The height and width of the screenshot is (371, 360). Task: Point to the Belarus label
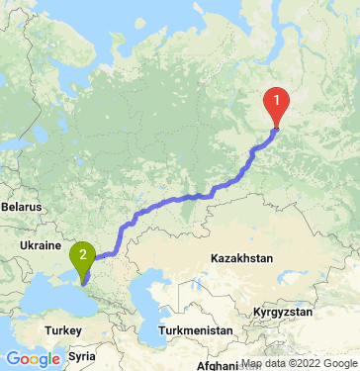(22, 208)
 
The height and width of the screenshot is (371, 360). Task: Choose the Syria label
(82, 353)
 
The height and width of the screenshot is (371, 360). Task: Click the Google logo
(32, 358)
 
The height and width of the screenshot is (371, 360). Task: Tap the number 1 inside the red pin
(277, 99)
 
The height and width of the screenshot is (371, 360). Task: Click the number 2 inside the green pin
(83, 254)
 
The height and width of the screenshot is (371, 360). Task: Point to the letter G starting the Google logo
(12, 358)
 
